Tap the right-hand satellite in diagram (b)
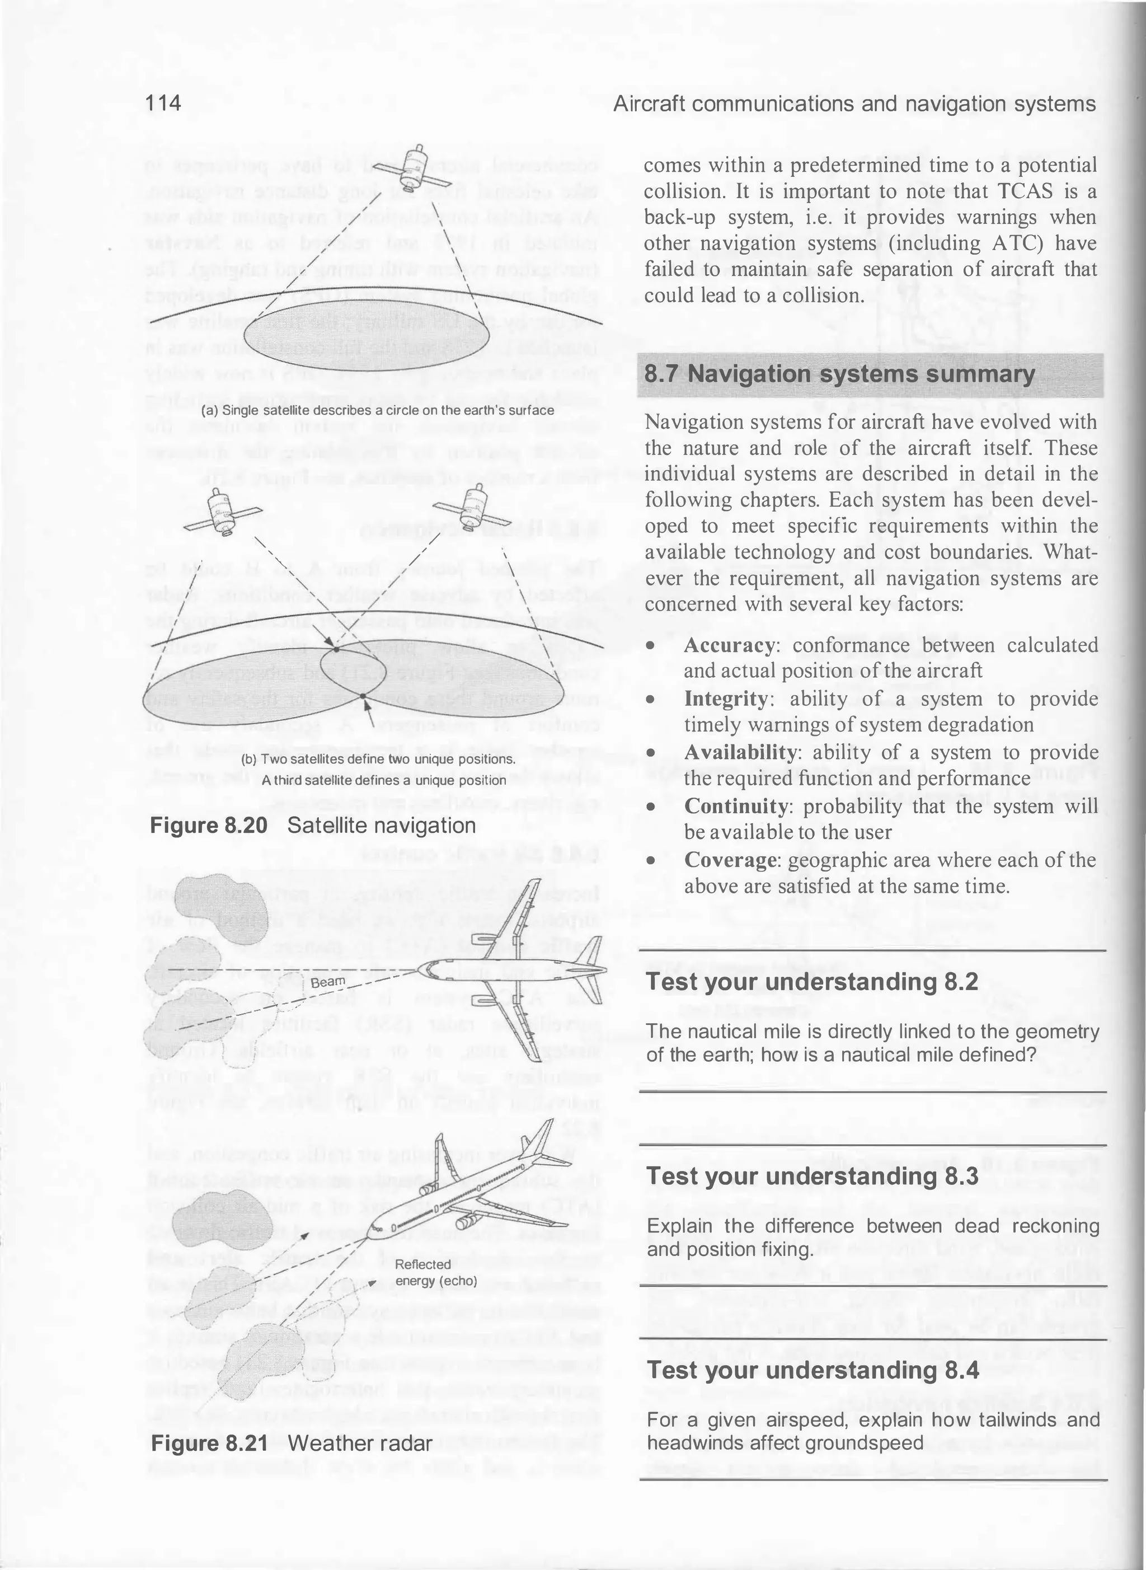475,504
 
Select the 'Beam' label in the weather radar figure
327,982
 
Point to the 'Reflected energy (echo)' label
436,1272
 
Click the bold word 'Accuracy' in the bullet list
729,645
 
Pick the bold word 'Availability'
740,753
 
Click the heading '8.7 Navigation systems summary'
839,374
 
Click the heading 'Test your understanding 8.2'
811,982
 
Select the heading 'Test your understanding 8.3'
811,1177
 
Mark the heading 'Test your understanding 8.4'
811,1370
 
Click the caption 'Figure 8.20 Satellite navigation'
313,826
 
